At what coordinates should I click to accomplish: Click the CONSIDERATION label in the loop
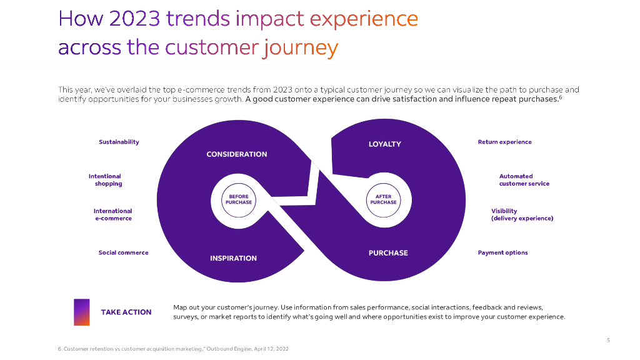(236, 154)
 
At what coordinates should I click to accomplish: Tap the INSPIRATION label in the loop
(233, 258)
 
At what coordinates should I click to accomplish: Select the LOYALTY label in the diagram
(385, 144)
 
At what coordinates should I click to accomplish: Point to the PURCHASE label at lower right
(388, 253)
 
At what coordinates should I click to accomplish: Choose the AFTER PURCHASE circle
(383, 199)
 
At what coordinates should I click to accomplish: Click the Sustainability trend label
(119, 142)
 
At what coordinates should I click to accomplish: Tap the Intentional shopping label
(106, 180)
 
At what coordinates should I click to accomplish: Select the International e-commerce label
(113, 215)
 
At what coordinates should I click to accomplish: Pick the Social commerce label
(123, 253)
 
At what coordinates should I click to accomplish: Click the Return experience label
(504, 142)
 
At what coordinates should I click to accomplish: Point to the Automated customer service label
(524, 180)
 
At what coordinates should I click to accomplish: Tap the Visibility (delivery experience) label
(522, 215)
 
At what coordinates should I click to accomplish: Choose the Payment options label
(502, 253)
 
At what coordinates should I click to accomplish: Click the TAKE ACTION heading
(126, 312)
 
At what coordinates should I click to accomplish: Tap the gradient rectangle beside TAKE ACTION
(81, 312)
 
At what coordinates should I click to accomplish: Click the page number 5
(608, 341)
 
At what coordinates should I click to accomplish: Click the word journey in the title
(301, 47)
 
